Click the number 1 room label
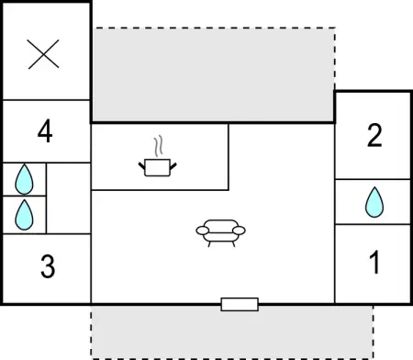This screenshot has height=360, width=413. (374, 262)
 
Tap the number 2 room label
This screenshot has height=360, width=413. (374, 135)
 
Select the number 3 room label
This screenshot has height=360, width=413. (48, 266)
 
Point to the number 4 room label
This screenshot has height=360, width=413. (45, 131)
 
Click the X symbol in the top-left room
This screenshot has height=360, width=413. (43, 54)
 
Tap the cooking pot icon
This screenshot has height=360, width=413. (157, 167)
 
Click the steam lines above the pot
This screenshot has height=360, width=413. (158, 147)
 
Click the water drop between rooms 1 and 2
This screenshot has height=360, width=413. (374, 202)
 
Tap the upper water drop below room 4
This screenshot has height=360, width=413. (24, 179)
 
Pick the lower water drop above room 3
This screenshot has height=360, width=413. (24, 215)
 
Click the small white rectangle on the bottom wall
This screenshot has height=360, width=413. (240, 304)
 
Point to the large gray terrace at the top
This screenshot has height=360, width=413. (213, 74)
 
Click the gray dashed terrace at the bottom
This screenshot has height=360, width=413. (232, 332)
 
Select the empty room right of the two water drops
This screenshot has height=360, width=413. (69, 198)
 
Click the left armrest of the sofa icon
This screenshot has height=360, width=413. (202, 231)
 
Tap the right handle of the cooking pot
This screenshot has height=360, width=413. (173, 166)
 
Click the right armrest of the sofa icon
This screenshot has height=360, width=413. (239, 231)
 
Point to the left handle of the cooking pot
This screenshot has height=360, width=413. (142, 166)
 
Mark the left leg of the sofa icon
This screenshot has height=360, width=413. (209, 244)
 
